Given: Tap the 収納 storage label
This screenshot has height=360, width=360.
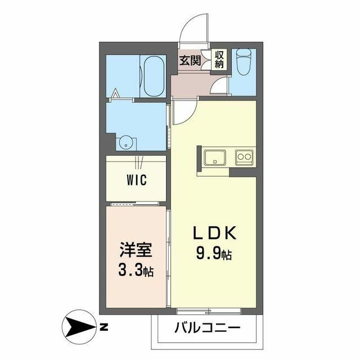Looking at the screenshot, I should click(x=219, y=59).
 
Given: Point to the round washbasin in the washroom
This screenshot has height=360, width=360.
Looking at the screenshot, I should click(x=125, y=142).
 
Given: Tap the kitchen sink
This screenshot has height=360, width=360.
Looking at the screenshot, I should click(x=215, y=157).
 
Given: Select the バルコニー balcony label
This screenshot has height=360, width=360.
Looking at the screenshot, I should click(x=208, y=327).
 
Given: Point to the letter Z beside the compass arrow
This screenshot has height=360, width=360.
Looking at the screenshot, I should click(x=104, y=326).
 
